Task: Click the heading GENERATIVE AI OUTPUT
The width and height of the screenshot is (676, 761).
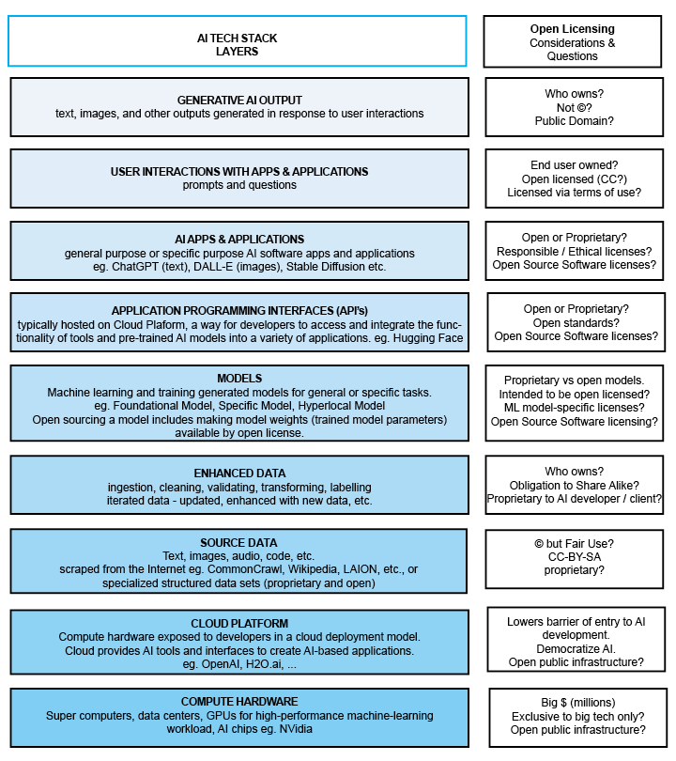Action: coord(239,100)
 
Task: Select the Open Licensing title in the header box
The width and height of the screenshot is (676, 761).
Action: coord(573,29)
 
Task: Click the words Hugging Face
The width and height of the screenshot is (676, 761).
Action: coord(428,338)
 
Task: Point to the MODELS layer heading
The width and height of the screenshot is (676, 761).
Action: coord(239,378)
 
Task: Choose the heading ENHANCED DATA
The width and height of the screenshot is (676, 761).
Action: coord(239,473)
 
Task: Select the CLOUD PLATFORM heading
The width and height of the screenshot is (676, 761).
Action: coord(239,623)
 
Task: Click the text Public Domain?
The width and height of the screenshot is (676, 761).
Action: coord(574,121)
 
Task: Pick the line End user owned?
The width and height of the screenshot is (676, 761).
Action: coord(574,165)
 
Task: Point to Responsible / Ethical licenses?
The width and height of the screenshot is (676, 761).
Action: coord(574,252)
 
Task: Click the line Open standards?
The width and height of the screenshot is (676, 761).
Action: coord(574,322)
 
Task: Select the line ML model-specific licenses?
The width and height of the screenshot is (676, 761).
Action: coord(574,408)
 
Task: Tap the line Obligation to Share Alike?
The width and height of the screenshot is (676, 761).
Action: coord(574,485)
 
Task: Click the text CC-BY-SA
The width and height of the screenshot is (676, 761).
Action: coord(574,557)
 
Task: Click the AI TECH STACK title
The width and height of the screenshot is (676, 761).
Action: coord(237,39)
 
